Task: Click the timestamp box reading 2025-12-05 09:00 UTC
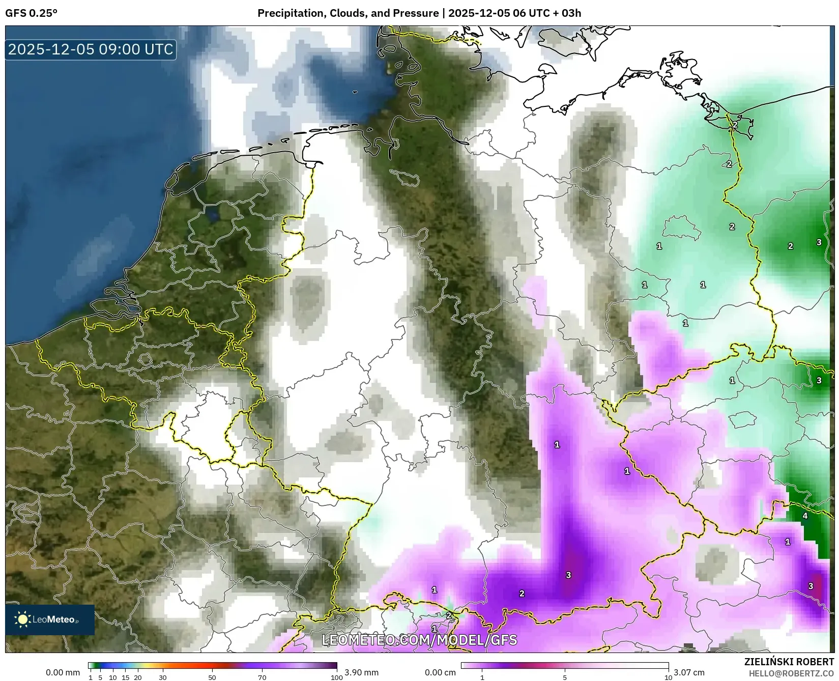pyautogui.click(x=91, y=49)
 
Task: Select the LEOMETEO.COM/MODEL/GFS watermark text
pyautogui.click(x=419, y=640)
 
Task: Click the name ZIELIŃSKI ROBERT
pyautogui.click(x=789, y=662)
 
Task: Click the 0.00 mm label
pyautogui.click(x=63, y=672)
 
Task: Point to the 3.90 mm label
pyautogui.click(x=361, y=672)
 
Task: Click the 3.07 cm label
pyautogui.click(x=689, y=672)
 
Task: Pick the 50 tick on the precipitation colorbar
pyautogui.click(x=212, y=677)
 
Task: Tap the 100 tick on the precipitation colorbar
pyautogui.click(x=336, y=677)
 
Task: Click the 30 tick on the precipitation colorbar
pyautogui.click(x=162, y=677)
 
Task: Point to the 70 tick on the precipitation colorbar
pyautogui.click(x=262, y=677)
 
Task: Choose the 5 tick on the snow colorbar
pyautogui.click(x=565, y=677)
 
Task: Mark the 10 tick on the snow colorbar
pyautogui.click(x=668, y=677)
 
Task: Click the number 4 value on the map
pyautogui.click(x=805, y=516)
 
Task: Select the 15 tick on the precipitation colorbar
pyautogui.click(x=125, y=677)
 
